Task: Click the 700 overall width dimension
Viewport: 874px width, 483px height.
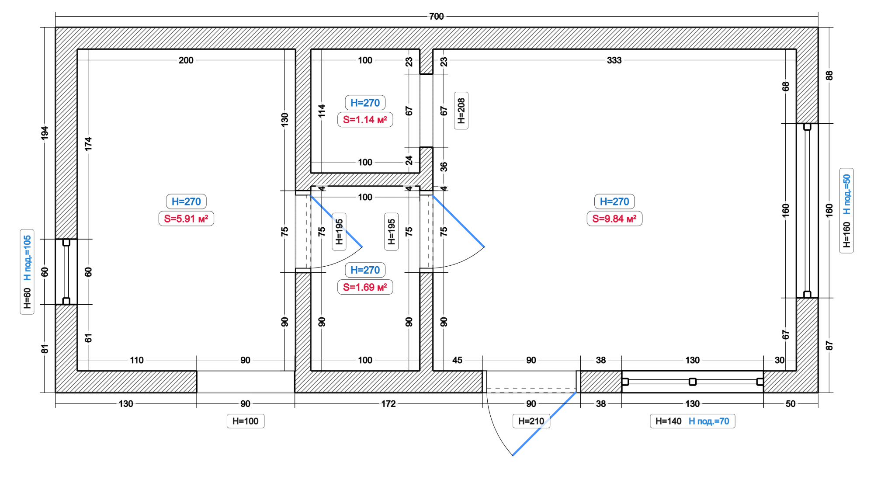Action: [x=436, y=17]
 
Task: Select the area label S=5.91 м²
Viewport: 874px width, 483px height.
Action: [x=186, y=219]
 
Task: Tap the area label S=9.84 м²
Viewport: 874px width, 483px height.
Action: [x=614, y=219]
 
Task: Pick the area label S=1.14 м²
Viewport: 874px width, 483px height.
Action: [x=365, y=120]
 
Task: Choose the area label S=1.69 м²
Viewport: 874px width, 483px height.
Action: [x=365, y=287]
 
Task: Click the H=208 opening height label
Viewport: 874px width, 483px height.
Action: [x=461, y=111]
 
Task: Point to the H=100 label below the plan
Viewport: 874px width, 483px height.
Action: [x=246, y=421]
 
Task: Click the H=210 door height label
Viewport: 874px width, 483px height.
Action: [x=531, y=421]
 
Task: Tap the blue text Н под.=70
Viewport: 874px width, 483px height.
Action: [x=709, y=421]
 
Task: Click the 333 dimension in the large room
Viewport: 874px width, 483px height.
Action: [x=614, y=60]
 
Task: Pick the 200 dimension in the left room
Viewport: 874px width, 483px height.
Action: [x=186, y=60]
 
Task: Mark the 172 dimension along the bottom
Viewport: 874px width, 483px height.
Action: [x=388, y=403]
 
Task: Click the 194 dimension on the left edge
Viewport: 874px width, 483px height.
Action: [x=45, y=133]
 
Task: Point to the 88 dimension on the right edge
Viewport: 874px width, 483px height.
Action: [x=829, y=75]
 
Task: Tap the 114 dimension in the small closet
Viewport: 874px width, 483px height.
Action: [x=322, y=111]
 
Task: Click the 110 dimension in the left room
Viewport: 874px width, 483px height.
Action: [x=137, y=360]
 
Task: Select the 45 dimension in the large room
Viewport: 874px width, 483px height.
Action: [x=457, y=360]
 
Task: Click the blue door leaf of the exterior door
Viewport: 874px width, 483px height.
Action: [x=544, y=424]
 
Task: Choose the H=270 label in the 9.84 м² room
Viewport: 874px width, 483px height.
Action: [x=614, y=202]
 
